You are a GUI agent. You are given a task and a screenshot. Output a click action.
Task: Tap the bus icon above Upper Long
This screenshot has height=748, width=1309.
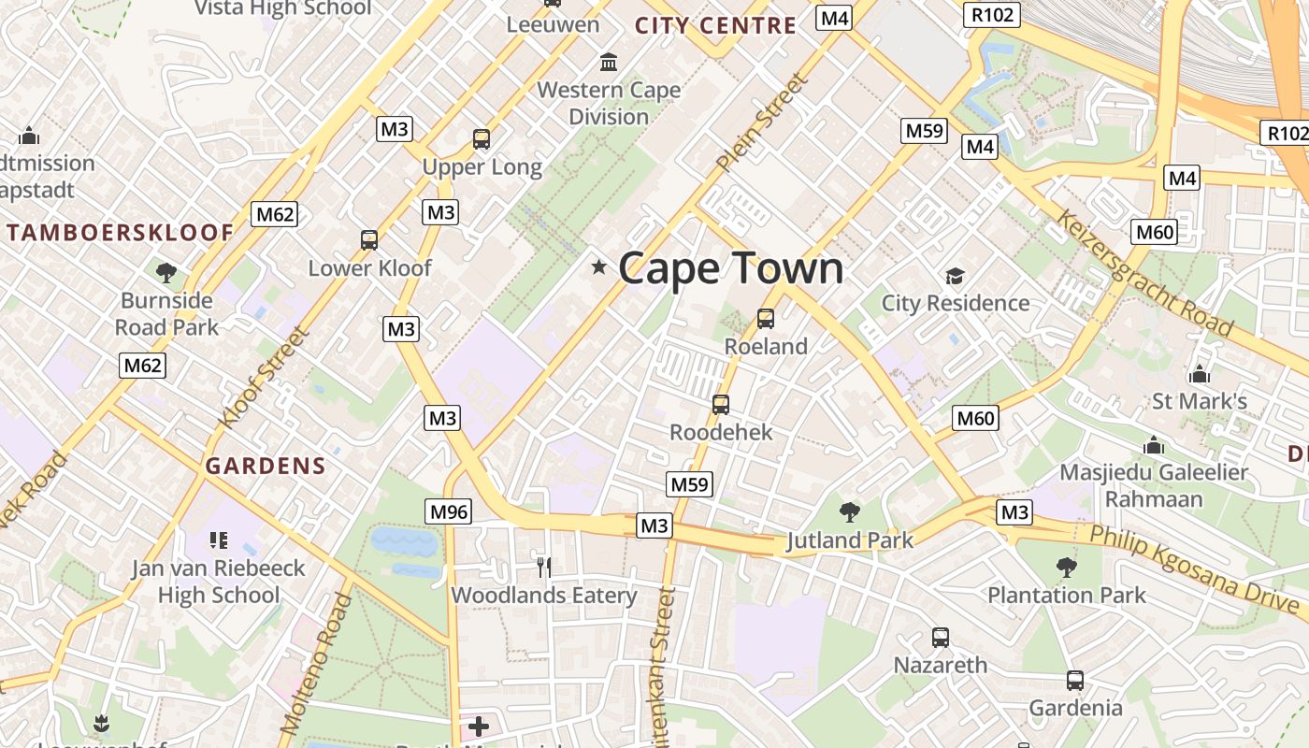(482, 139)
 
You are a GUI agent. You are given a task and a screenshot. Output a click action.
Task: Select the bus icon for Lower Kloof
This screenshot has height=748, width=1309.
(369, 240)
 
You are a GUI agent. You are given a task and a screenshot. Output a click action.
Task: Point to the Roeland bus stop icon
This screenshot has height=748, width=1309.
(766, 319)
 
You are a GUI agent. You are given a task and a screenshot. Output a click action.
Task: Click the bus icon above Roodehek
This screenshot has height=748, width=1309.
(721, 405)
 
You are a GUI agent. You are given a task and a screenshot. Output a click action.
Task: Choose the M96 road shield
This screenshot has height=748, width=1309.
(448, 511)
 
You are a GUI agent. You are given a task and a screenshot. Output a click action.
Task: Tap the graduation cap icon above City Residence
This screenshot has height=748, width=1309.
(955, 276)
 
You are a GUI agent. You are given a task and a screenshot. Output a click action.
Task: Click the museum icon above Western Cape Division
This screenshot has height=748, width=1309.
(609, 63)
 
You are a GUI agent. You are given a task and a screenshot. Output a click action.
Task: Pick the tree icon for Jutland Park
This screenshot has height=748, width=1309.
(849, 511)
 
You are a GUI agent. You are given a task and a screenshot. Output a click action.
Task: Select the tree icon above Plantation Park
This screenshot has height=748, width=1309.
(1066, 567)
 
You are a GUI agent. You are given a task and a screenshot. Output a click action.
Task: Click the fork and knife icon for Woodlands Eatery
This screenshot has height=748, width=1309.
(544, 566)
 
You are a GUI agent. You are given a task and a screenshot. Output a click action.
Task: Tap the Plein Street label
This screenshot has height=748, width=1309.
(762, 122)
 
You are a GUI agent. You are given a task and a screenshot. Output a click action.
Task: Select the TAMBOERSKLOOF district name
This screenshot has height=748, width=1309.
(120, 233)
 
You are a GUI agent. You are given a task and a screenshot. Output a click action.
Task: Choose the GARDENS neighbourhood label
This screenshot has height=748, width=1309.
(266, 466)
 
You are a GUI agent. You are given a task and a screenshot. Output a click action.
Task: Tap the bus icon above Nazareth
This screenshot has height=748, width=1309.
(941, 638)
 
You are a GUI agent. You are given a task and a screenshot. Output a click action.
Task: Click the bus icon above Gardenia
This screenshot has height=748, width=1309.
(1075, 681)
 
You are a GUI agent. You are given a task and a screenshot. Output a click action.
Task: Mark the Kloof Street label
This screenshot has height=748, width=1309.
(263, 377)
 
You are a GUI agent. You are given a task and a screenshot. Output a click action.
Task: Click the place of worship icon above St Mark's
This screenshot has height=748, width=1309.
(1200, 375)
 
